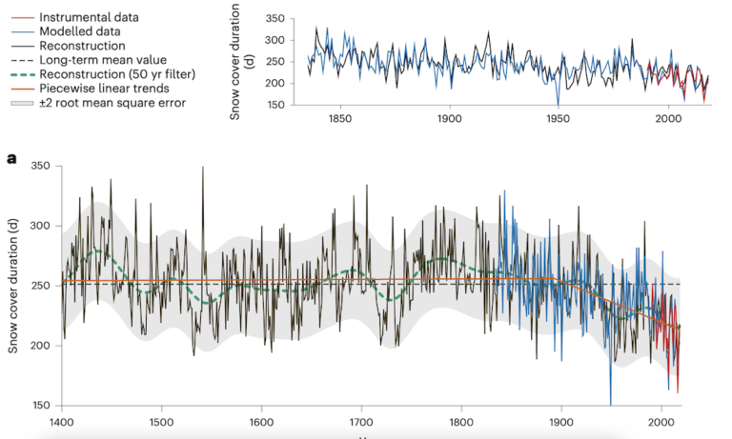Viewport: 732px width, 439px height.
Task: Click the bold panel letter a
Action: (x=11, y=158)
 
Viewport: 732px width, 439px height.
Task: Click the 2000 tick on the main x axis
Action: (x=661, y=421)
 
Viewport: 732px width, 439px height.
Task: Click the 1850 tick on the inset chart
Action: (x=339, y=119)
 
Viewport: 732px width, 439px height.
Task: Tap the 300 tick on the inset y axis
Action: (x=274, y=40)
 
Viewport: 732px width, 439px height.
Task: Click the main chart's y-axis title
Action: (x=14, y=286)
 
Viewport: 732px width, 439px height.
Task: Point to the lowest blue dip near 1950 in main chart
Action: (x=611, y=403)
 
